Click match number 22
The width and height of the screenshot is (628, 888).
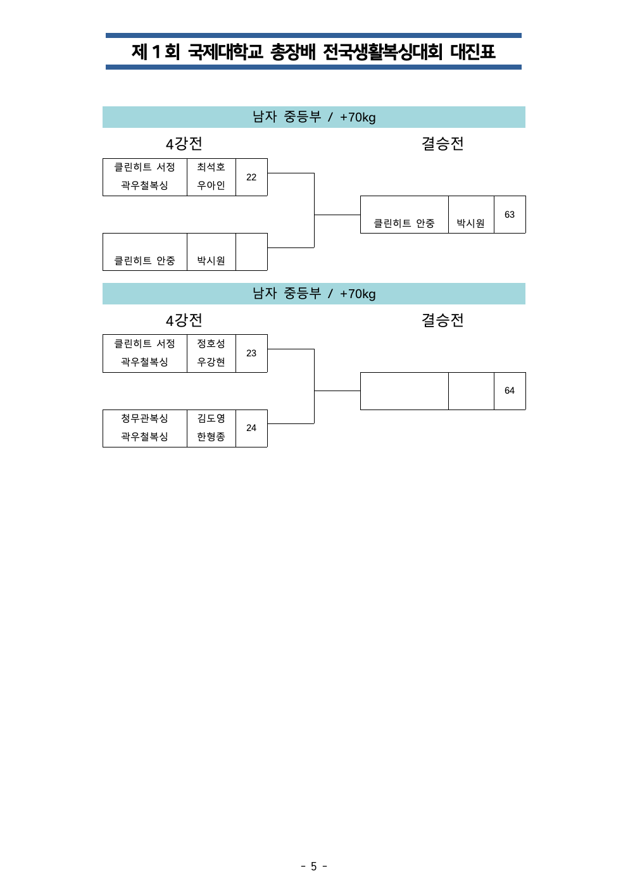click(x=251, y=177)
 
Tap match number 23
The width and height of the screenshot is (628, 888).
click(x=251, y=353)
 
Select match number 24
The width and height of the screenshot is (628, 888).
click(x=251, y=428)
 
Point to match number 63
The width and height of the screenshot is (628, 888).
click(x=510, y=215)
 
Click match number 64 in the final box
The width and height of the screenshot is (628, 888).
click(x=510, y=391)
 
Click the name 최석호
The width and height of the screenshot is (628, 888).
click(x=211, y=167)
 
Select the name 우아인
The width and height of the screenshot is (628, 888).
click(x=211, y=185)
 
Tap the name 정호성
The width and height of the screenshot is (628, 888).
click(x=211, y=343)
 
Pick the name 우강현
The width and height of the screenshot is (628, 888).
click(x=211, y=361)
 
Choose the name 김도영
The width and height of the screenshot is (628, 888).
click(x=211, y=418)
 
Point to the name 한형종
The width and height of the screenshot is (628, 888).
click(x=211, y=436)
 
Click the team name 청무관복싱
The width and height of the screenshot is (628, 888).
click(x=144, y=418)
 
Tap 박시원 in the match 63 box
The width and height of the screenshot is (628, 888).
click(x=470, y=223)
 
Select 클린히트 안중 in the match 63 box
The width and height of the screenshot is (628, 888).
click(x=404, y=223)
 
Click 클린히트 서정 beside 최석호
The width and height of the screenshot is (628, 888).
click(x=144, y=167)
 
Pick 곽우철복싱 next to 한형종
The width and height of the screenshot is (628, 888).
click(x=144, y=436)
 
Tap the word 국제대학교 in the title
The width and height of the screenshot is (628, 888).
click(x=225, y=51)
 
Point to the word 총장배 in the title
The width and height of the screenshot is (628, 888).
click(x=293, y=51)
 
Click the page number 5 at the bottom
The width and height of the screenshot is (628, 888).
click(x=313, y=866)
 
